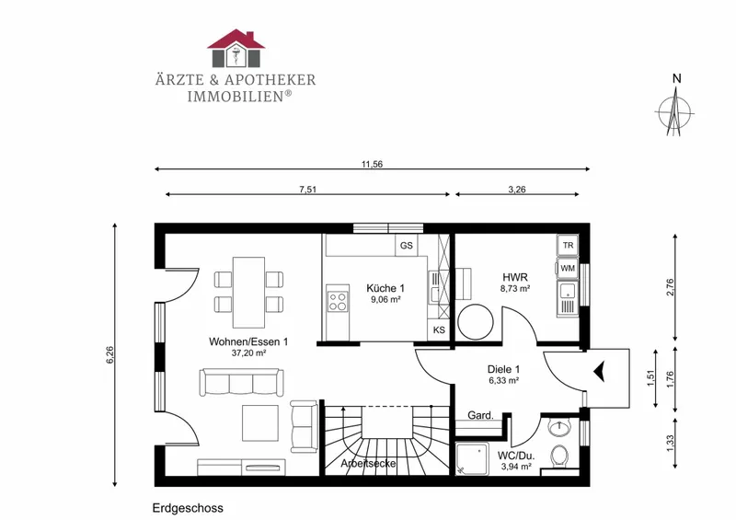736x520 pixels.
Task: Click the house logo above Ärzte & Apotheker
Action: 236,48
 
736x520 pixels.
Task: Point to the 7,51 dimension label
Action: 308,190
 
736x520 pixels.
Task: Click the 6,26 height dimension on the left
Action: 109,354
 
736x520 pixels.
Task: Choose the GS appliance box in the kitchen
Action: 407,245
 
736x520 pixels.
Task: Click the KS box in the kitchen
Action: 439,329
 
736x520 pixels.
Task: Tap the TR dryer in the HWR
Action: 568,245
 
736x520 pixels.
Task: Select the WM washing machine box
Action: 568,269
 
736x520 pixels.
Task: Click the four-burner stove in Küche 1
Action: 338,302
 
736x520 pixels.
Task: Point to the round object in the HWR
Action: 476,322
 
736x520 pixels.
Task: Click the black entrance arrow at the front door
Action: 600,372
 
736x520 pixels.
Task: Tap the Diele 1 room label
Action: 503,369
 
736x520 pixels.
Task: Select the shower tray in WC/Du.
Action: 472,458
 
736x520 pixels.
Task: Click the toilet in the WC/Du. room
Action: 559,456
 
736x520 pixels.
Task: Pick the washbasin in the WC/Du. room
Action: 559,427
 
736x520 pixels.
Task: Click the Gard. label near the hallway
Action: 480,415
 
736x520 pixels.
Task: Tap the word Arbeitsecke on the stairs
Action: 369,464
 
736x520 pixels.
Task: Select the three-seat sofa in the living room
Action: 242,382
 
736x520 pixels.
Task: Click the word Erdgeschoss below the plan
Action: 188,508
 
